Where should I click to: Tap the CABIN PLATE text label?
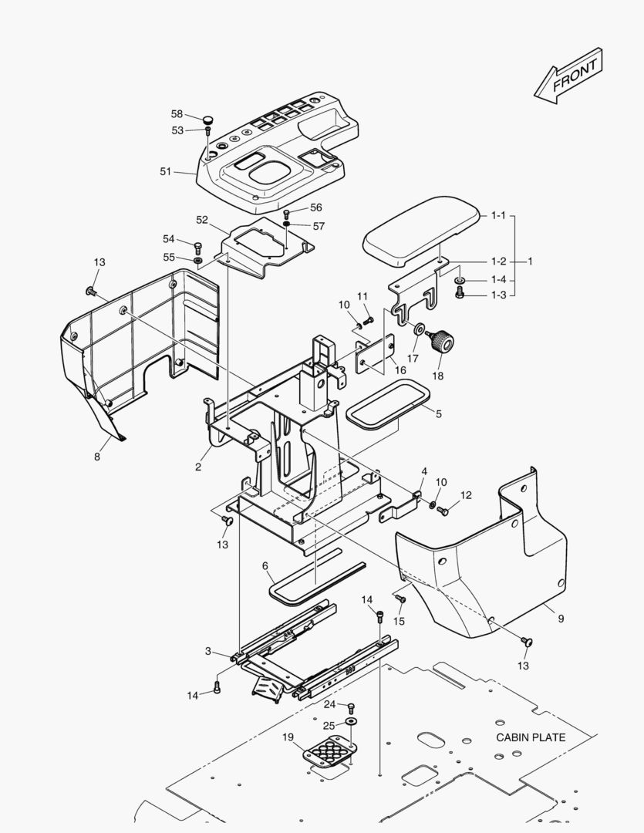click(x=531, y=737)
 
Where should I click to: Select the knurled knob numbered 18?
click(x=443, y=340)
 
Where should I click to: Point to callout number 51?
click(x=166, y=171)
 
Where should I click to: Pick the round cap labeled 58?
click(x=207, y=120)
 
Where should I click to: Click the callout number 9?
click(x=561, y=619)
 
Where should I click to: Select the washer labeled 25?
click(x=352, y=721)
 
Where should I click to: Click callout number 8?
click(x=97, y=457)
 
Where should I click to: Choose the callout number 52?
click(x=202, y=220)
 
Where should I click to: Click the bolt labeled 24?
click(x=352, y=706)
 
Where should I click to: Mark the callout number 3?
click(x=208, y=652)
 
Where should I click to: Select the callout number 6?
click(x=266, y=566)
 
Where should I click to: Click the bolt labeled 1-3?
click(x=460, y=293)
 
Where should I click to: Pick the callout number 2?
click(x=198, y=467)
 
